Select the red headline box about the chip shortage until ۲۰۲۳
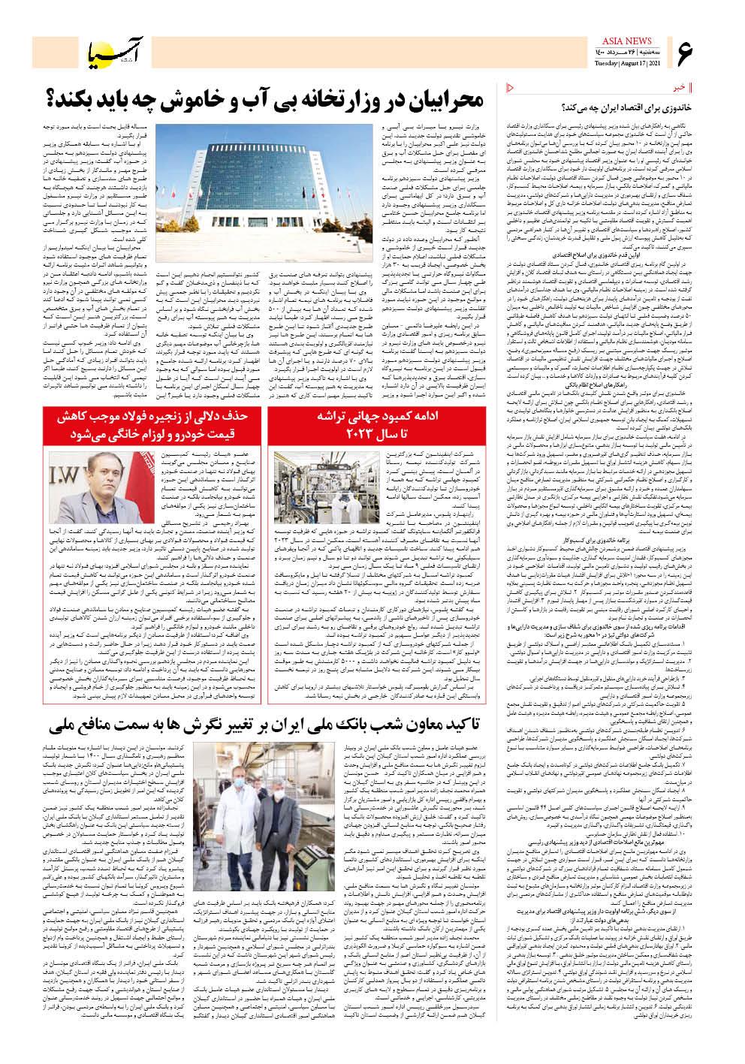343,425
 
